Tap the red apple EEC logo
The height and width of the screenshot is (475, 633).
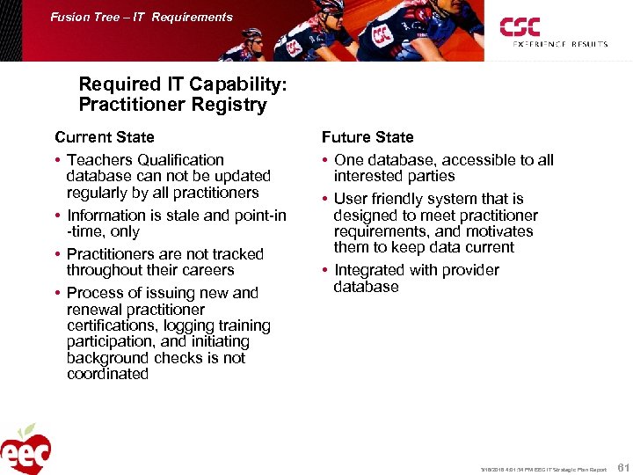[x=25, y=449]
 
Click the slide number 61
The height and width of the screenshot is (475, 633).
[x=622, y=465]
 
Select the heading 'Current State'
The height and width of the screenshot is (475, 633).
[x=104, y=137]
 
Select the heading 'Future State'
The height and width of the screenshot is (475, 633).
[x=367, y=137]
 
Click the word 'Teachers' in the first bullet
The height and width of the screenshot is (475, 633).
[x=100, y=160]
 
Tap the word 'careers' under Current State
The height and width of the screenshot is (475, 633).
[x=204, y=270]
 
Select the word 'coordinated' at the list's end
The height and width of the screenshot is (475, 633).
[x=107, y=374]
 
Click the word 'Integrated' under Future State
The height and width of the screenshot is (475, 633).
[x=373, y=270]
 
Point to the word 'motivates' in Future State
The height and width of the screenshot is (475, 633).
[x=500, y=231]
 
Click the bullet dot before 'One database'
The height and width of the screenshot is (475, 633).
[x=325, y=161]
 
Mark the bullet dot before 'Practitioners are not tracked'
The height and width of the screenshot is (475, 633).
[x=58, y=255]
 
